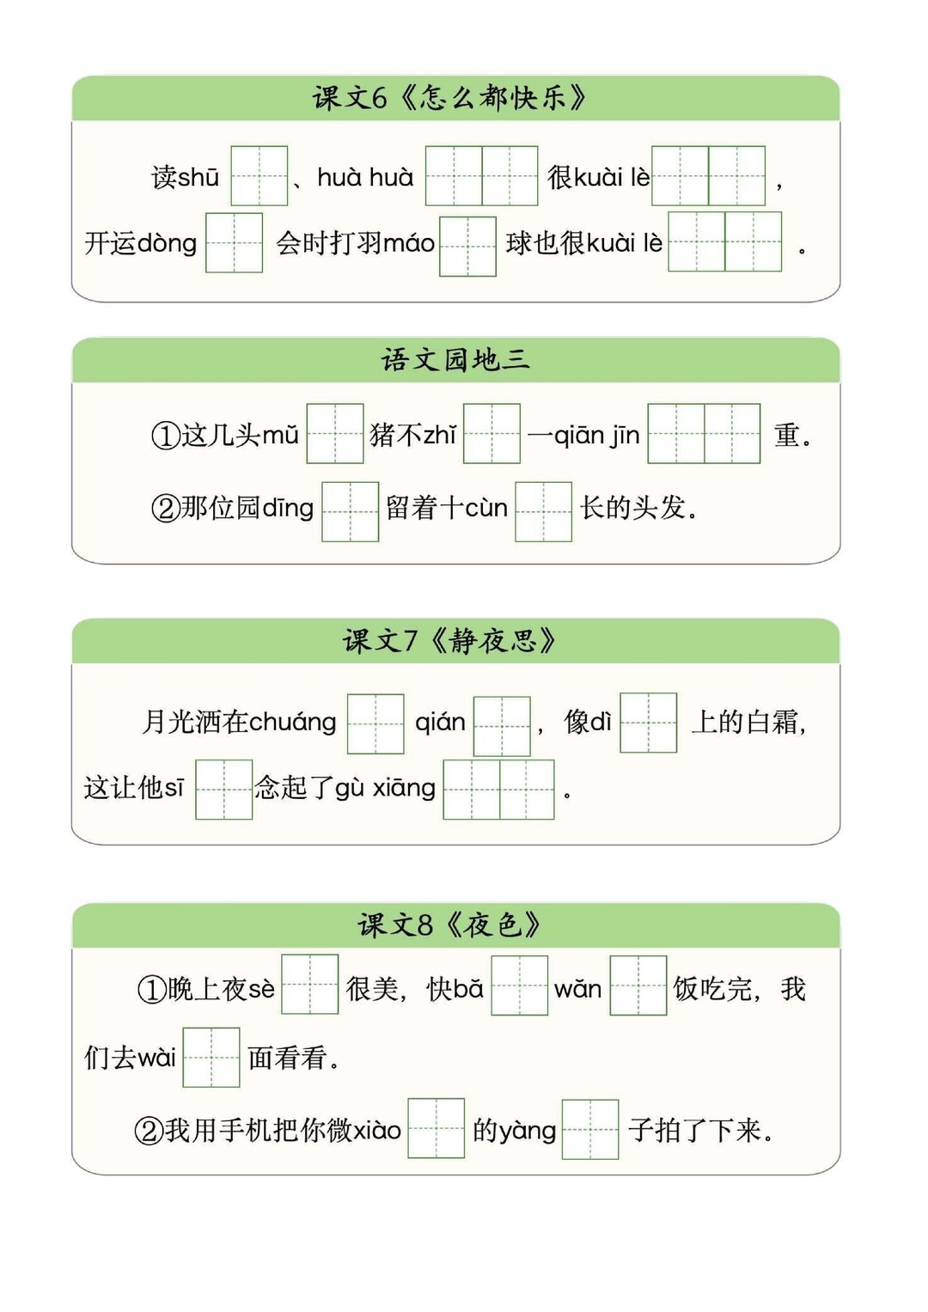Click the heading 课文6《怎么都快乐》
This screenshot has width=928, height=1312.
pos(449,97)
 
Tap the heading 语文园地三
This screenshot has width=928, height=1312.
pos(455,359)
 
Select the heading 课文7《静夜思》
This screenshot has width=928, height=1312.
pos(449,640)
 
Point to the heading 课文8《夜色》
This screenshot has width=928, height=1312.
pos(449,925)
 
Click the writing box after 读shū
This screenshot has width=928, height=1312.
pos(259,176)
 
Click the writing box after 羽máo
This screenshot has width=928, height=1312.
pos(467,246)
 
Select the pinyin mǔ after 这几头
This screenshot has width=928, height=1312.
pos(280,436)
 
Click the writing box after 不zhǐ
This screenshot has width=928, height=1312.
pos(491,433)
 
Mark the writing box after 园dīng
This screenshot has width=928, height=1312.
pos(351,511)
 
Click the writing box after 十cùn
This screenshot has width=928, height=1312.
pos(544,511)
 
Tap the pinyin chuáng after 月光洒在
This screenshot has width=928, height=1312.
pos(292,723)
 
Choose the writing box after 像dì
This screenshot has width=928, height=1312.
pos(649,723)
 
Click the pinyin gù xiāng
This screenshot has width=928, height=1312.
pos(386,789)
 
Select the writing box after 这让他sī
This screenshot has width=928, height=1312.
pos(223,790)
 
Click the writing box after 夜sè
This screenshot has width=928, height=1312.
pos(310,984)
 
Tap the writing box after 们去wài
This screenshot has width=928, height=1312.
pos(211,1057)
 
